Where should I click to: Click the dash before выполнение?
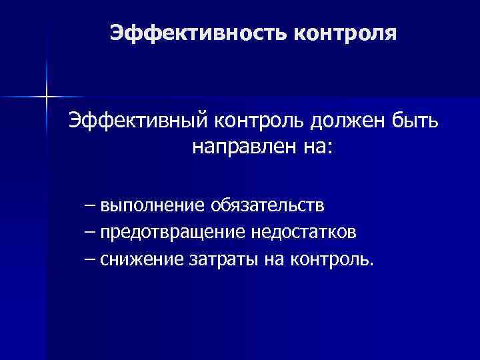coord(90,203)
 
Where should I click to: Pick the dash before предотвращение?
coord(90,231)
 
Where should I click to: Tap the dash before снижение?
coord(90,258)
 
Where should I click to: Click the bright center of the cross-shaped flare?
coord(47,97)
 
